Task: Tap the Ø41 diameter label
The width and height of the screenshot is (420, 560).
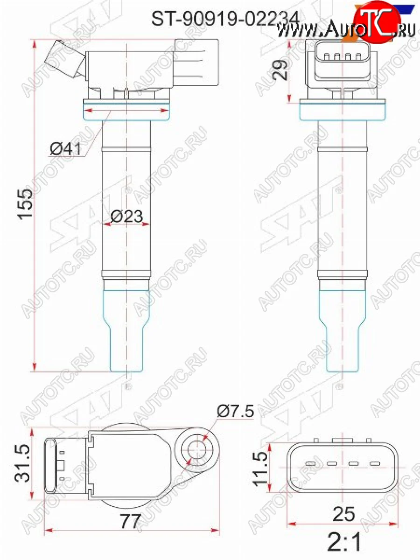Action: (x=65, y=149)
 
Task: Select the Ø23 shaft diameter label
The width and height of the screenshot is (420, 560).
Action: (x=126, y=216)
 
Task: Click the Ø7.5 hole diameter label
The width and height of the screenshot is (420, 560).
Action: (x=235, y=412)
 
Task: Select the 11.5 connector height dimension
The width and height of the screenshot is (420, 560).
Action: (x=262, y=467)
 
